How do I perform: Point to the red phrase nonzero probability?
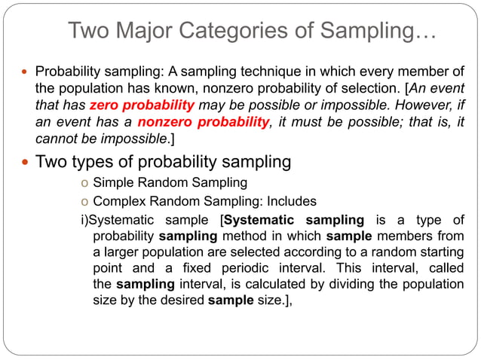[x=204, y=124]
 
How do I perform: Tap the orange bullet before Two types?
[x=25, y=161]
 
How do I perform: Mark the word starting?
[x=441, y=252]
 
